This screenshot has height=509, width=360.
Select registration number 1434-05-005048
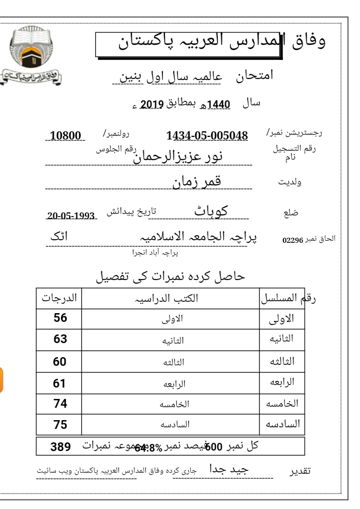pos(207,136)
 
